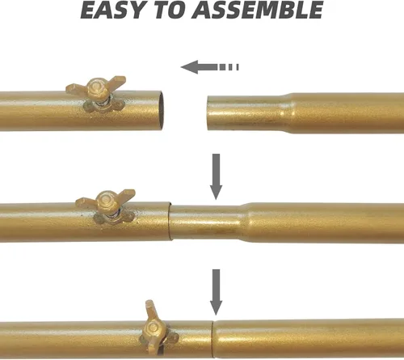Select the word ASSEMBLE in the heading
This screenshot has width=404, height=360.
tap(258, 10)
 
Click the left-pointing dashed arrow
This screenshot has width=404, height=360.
tap(209, 67)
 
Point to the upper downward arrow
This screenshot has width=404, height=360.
tap(216, 176)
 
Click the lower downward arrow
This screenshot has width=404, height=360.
tap(216, 292)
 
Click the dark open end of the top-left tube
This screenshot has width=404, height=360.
tap(161, 111)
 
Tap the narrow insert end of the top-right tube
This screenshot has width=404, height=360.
tap(245, 112)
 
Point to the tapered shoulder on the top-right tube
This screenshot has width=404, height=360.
tap(288, 113)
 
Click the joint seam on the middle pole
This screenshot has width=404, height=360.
tap(170, 221)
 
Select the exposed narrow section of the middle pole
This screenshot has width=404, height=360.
tap(206, 222)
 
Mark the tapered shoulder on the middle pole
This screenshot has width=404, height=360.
tap(246, 222)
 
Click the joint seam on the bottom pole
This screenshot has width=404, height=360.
tap(213, 339)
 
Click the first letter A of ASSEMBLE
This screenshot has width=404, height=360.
tap(201, 10)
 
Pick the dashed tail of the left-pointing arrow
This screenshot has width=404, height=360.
tap(229, 67)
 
